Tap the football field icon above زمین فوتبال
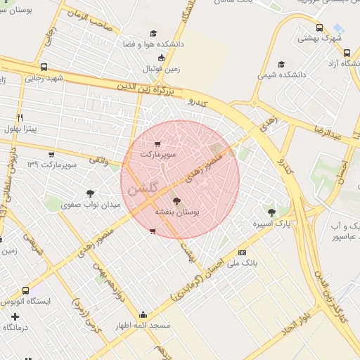click(162, 58)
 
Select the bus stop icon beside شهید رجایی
click(44, 67)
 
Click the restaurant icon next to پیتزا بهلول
click(20, 117)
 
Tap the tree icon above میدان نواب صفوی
click(90, 193)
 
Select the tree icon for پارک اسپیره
click(271, 212)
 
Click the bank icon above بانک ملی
click(243, 252)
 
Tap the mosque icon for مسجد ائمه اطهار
click(143, 314)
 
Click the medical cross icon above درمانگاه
click(15, 316)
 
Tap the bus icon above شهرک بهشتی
click(320, 27)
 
